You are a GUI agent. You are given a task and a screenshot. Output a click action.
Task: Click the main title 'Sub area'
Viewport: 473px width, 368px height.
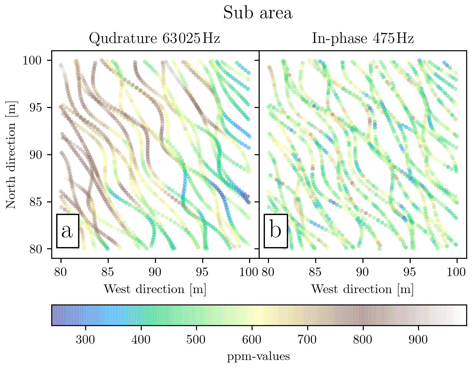(x=258, y=13)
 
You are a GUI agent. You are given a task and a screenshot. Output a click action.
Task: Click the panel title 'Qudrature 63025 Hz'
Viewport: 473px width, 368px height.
(x=154, y=39)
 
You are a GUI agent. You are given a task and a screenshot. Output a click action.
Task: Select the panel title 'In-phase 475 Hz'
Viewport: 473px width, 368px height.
(x=362, y=39)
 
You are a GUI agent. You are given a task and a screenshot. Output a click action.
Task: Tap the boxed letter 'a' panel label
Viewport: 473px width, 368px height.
(x=68, y=231)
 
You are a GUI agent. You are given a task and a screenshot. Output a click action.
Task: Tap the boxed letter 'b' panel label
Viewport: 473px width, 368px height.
(x=276, y=231)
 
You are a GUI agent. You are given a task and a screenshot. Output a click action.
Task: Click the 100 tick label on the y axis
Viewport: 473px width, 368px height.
(x=32, y=60)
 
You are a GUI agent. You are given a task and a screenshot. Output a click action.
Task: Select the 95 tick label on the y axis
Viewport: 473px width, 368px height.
(x=36, y=108)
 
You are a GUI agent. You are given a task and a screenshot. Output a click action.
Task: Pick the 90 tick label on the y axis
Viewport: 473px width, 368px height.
(x=36, y=155)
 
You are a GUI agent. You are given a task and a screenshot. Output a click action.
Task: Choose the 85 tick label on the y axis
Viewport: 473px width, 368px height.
(x=36, y=202)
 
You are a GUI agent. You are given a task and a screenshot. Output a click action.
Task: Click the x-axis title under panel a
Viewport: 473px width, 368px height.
(x=155, y=289)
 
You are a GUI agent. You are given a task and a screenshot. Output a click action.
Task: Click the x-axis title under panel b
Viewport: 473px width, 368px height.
(x=362, y=289)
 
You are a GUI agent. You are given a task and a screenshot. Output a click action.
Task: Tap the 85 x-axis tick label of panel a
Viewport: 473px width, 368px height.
(x=108, y=272)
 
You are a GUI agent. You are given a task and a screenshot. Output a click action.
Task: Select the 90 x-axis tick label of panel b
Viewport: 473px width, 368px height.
(x=362, y=272)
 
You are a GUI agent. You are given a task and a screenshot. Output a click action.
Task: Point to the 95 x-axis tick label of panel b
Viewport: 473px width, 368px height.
(x=410, y=272)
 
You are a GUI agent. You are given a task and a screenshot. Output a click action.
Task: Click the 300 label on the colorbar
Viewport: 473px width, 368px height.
(x=86, y=340)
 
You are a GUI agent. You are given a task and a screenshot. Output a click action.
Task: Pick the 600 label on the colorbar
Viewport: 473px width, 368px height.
(x=252, y=340)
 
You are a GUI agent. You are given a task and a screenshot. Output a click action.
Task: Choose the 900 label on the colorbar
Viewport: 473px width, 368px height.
(x=418, y=340)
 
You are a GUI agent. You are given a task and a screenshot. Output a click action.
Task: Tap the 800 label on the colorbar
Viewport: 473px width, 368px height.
(x=363, y=340)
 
